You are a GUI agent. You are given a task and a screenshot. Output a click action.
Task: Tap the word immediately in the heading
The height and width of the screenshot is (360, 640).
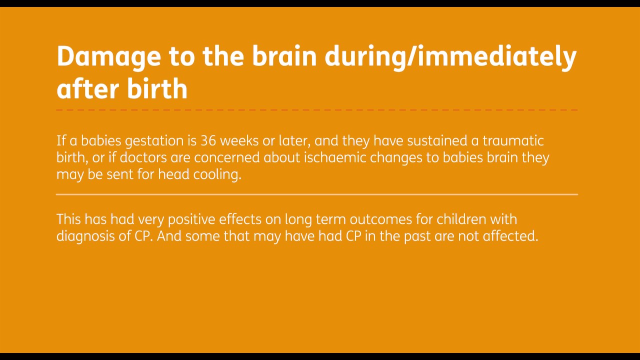[x=496, y=57]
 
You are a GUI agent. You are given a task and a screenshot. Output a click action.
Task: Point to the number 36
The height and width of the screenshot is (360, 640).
[x=208, y=140]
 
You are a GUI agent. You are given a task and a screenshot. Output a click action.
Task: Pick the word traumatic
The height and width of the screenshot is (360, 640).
[x=513, y=140]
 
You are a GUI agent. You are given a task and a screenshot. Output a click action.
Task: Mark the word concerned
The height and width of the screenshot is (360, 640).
[x=227, y=157]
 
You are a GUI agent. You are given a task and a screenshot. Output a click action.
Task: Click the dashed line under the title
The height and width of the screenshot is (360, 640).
[x=317, y=109]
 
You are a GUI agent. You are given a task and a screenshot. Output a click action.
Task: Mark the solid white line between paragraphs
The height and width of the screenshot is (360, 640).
[x=317, y=194]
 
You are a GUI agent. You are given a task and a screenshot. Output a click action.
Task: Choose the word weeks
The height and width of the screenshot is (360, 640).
[x=239, y=140]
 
